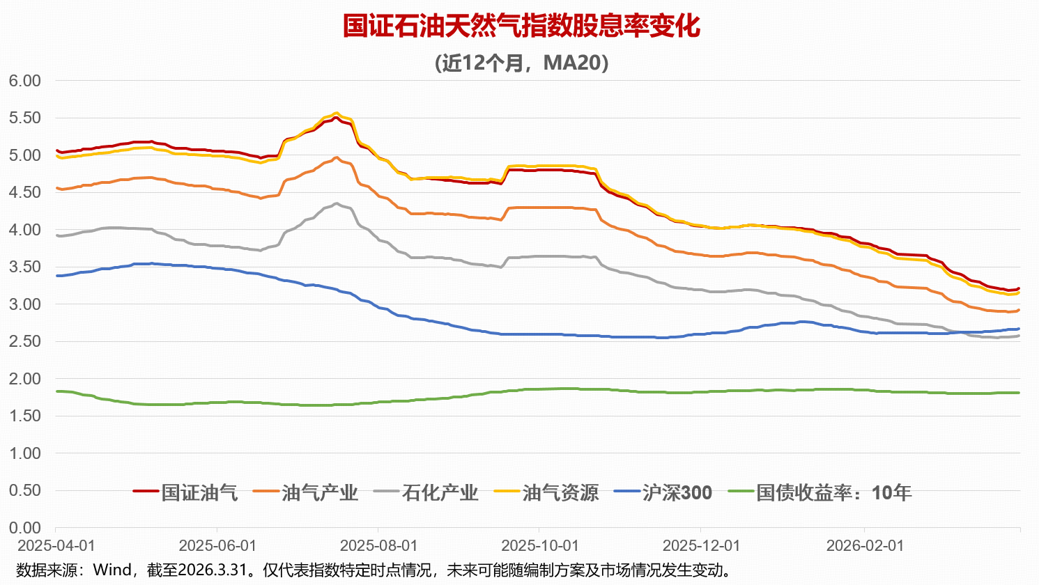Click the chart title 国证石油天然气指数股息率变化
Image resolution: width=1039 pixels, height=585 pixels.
[x=521, y=26]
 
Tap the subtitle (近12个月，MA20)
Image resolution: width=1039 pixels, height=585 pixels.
[x=521, y=63]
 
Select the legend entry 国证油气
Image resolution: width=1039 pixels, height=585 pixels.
[x=199, y=493]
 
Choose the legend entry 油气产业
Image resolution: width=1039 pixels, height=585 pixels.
[x=320, y=493]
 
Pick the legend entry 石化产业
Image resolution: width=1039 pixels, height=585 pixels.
[x=440, y=493]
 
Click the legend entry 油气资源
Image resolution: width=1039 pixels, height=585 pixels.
[x=560, y=493]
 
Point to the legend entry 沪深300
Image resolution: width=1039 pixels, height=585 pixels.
[x=677, y=493]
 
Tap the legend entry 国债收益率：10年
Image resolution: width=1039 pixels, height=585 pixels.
[x=833, y=493]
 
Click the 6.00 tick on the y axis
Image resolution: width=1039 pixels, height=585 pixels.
[x=25, y=81]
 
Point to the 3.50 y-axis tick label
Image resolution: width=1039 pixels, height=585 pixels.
[x=25, y=267]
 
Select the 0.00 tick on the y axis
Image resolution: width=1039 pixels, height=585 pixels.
[x=25, y=528]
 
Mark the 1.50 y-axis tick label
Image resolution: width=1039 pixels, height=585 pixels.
[x=25, y=416]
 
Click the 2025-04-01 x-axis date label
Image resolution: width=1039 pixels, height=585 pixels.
[x=56, y=545]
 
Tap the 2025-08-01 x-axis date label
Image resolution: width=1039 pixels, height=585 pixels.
[x=378, y=545]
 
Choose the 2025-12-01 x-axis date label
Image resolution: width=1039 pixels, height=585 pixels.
[x=701, y=545]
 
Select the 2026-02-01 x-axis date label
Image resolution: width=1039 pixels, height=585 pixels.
[x=865, y=545]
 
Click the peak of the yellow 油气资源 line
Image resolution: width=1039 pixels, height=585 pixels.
[x=337, y=113]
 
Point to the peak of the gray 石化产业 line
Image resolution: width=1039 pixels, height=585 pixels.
[x=337, y=203]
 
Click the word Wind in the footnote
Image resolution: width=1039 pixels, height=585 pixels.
[x=112, y=570]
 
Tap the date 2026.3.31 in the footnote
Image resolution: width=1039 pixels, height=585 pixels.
[x=213, y=570]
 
